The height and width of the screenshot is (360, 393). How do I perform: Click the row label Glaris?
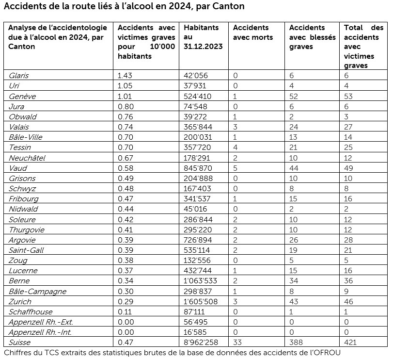pyautogui.click(x=19, y=75)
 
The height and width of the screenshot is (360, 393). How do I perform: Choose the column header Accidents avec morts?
pyautogui.click(x=252, y=33)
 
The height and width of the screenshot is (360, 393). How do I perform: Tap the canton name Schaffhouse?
pyautogui.click(x=31, y=311)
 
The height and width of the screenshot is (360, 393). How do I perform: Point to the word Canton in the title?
pyautogui.click(x=229, y=7)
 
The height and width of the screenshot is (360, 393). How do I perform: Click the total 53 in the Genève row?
pyautogui.click(x=348, y=96)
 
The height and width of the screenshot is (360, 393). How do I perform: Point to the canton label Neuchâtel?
pyautogui.click(x=27, y=158)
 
